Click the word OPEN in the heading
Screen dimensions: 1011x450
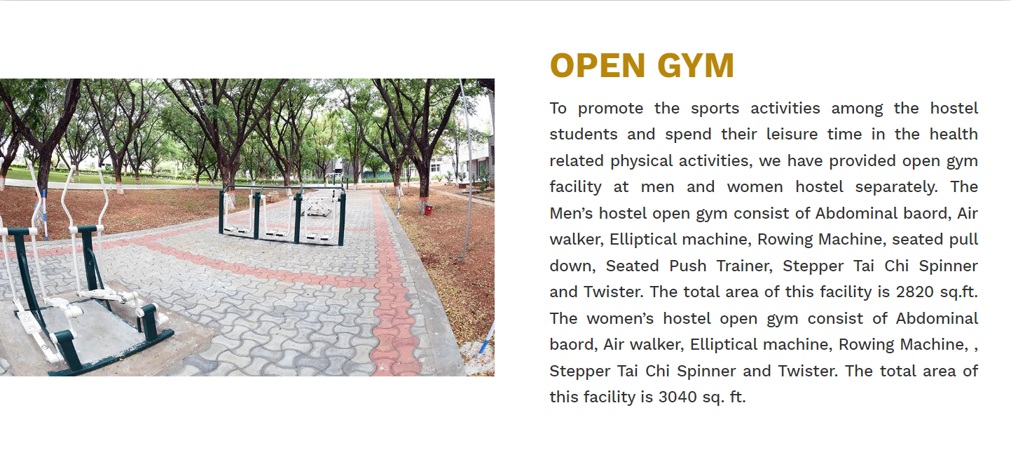point(598,66)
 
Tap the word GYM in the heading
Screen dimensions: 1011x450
point(696,66)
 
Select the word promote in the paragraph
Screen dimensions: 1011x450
point(611,109)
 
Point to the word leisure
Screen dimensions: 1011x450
point(792,135)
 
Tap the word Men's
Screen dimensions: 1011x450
point(571,214)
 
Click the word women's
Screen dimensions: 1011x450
point(620,319)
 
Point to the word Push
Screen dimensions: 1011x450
point(688,266)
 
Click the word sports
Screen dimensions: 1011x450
point(715,109)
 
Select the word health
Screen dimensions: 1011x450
point(954,135)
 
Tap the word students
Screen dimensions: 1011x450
point(584,135)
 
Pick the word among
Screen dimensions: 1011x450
point(857,109)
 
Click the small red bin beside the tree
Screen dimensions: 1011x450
point(428,210)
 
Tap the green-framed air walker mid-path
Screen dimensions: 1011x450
point(282,214)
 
